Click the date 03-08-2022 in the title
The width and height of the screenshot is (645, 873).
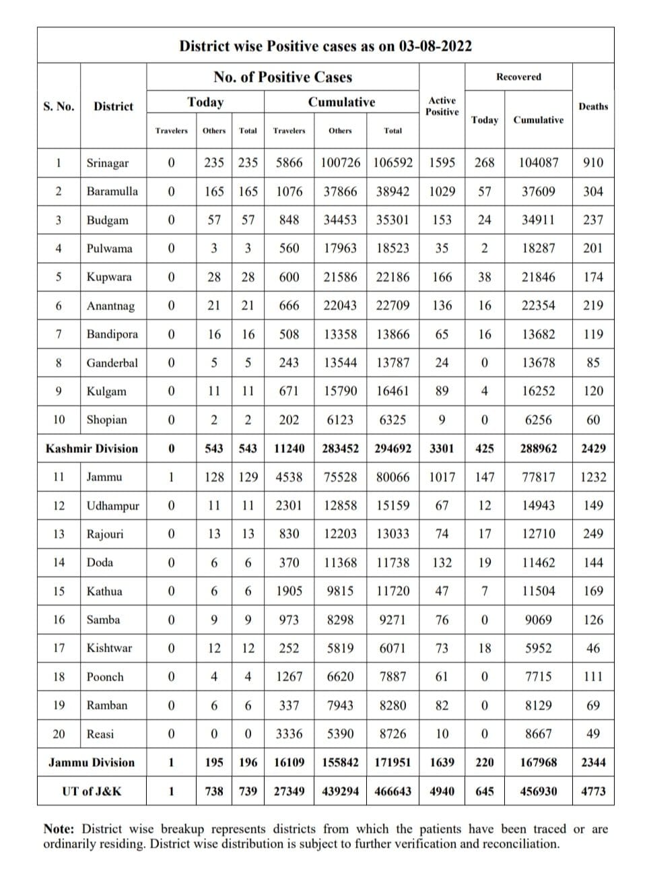pos(435,46)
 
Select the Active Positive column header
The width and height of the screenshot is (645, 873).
pos(442,106)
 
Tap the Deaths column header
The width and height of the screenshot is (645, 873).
pos(592,106)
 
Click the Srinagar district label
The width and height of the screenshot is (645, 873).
pos(107,163)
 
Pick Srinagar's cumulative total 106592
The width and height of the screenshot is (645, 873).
pos(393,163)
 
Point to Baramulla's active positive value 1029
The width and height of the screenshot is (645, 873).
pos(442,191)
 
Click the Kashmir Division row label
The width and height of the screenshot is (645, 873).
pos(92,449)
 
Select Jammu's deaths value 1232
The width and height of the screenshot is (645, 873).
pos(592,477)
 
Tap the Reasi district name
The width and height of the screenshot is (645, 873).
pos(100,734)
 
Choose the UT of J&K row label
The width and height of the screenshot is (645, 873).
pos(92,791)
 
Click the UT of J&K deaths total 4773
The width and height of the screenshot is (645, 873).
pos(592,791)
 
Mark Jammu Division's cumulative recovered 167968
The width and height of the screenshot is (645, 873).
pos(538,763)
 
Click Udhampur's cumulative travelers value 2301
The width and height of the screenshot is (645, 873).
pos(289,505)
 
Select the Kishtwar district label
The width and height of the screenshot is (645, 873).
pos(109,648)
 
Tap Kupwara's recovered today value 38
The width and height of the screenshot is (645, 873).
pos(484,277)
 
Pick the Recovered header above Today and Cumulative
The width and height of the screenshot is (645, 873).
pos(518,77)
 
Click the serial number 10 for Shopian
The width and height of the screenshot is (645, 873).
pos(59,420)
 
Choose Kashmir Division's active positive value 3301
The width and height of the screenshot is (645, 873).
pos(442,449)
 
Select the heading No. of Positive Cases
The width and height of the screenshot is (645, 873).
pos(283,77)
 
